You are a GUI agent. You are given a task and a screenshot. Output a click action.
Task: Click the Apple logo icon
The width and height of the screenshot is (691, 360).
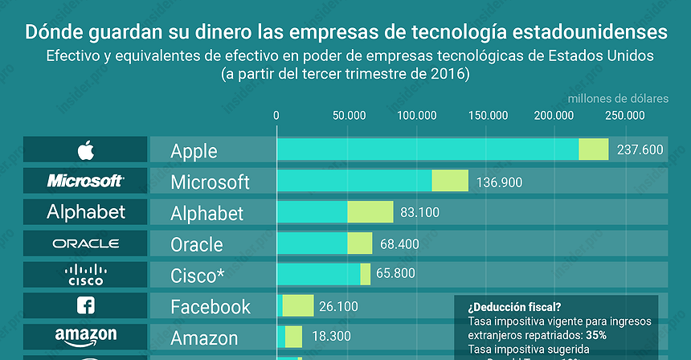point(85,150)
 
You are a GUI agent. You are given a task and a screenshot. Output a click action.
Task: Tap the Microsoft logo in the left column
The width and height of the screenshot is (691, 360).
point(85,181)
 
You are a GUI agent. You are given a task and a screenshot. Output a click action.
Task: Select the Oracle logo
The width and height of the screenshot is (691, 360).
point(85,243)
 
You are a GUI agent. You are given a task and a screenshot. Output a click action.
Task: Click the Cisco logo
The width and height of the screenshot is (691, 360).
point(85,275)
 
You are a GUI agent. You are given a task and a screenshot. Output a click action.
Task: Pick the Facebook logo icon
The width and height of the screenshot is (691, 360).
point(85,305)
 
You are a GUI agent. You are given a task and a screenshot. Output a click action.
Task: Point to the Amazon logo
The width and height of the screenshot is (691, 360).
point(85,336)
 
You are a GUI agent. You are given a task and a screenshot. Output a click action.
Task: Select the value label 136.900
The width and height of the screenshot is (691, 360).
point(499,182)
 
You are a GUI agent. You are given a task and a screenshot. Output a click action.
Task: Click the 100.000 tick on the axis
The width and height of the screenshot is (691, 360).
point(416,115)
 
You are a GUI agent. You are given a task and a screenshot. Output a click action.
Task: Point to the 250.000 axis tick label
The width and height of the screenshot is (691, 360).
point(624,115)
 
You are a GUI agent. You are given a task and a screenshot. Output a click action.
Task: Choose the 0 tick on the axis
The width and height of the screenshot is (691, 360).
point(276,115)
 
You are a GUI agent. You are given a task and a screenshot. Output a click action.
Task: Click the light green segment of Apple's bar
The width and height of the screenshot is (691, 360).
point(594,149)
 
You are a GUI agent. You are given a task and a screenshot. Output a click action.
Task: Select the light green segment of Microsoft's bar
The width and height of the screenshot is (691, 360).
point(450,181)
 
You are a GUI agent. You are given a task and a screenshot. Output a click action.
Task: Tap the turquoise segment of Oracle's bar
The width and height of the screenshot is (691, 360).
point(312,243)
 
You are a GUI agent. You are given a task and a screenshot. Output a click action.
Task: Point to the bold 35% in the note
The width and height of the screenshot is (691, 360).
point(596,335)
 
